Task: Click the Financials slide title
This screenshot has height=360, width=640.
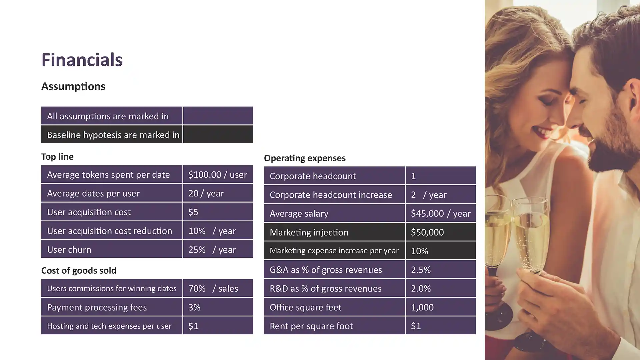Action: (x=82, y=60)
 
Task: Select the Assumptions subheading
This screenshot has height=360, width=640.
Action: (x=73, y=86)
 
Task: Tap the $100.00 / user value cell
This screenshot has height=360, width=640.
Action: (x=217, y=174)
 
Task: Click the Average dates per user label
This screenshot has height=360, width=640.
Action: (x=93, y=193)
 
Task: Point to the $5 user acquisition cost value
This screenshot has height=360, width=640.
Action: (x=193, y=212)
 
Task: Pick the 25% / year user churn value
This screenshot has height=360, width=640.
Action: (x=212, y=250)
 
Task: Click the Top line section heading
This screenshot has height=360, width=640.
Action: (x=57, y=157)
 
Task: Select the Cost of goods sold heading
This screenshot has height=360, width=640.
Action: (x=79, y=270)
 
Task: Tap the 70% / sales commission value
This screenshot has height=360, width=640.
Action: (x=213, y=288)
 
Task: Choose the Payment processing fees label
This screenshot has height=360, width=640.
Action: (x=97, y=307)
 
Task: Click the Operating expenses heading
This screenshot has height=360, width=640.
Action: (x=305, y=158)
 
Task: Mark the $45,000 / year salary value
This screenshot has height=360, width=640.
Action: (x=440, y=213)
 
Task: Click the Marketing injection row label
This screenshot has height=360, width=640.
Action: (x=309, y=232)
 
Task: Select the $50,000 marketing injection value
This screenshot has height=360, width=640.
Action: (x=427, y=232)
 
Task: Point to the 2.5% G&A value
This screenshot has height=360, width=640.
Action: (x=421, y=270)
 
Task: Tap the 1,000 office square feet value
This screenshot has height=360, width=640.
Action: (x=422, y=307)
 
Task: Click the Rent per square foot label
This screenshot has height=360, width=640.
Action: (x=311, y=326)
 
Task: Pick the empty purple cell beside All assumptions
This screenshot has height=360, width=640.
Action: (x=218, y=116)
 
